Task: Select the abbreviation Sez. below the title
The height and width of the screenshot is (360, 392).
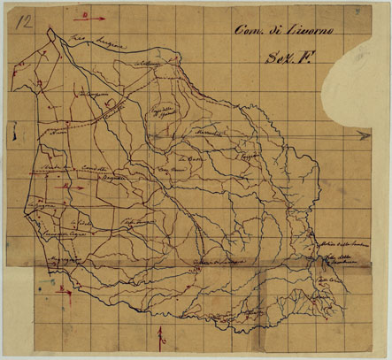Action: coord(274,59)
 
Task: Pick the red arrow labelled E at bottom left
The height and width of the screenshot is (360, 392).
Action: coord(59,288)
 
